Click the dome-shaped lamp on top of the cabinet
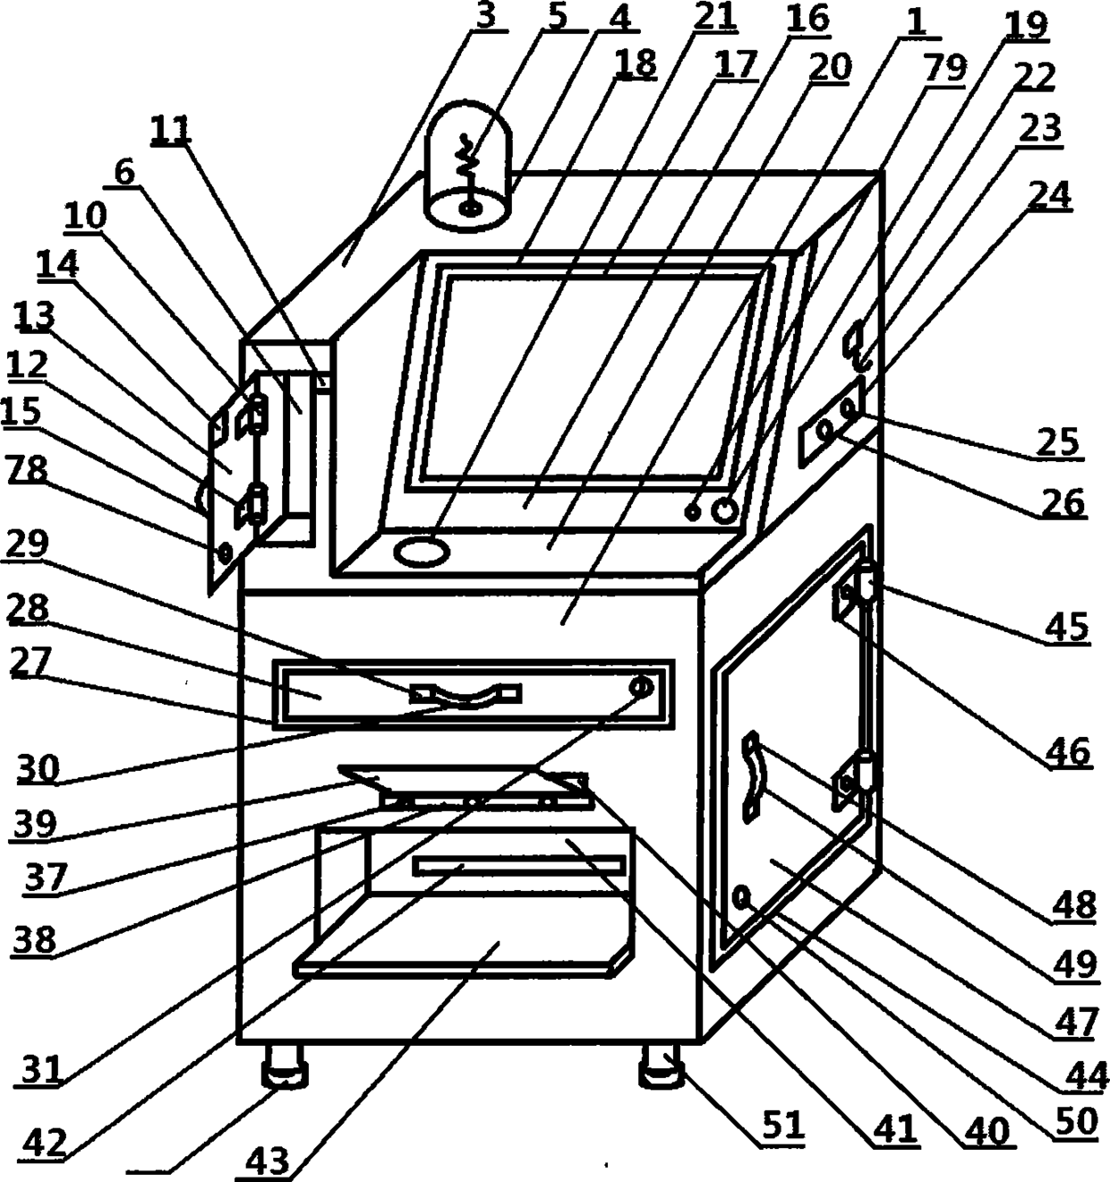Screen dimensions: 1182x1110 tap(469, 175)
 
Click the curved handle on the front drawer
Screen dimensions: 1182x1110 tap(465, 696)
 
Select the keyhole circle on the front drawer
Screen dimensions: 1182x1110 tap(641, 688)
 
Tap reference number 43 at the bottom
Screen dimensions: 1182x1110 tap(268, 1161)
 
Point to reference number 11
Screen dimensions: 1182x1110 tap(171, 131)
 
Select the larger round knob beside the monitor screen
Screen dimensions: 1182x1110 tap(724, 510)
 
